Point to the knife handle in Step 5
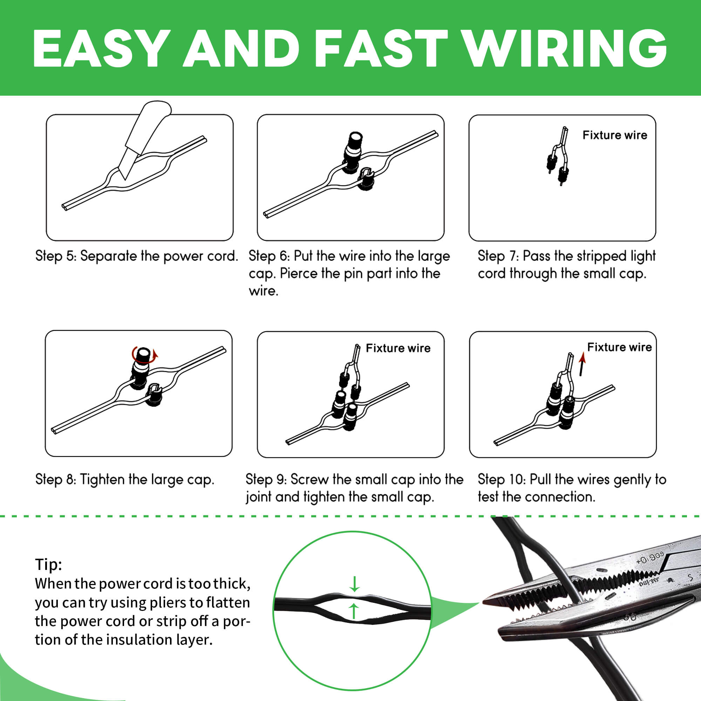tap(151, 123)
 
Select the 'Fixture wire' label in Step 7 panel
tap(615, 135)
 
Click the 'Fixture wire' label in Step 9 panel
tap(398, 348)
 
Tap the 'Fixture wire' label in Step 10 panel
tap(619, 347)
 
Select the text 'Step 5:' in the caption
tap(55, 256)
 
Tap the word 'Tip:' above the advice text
tap(48, 565)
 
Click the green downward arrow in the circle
tap(354, 584)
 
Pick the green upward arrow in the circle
tap(354, 611)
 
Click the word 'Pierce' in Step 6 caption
tap(299, 273)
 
